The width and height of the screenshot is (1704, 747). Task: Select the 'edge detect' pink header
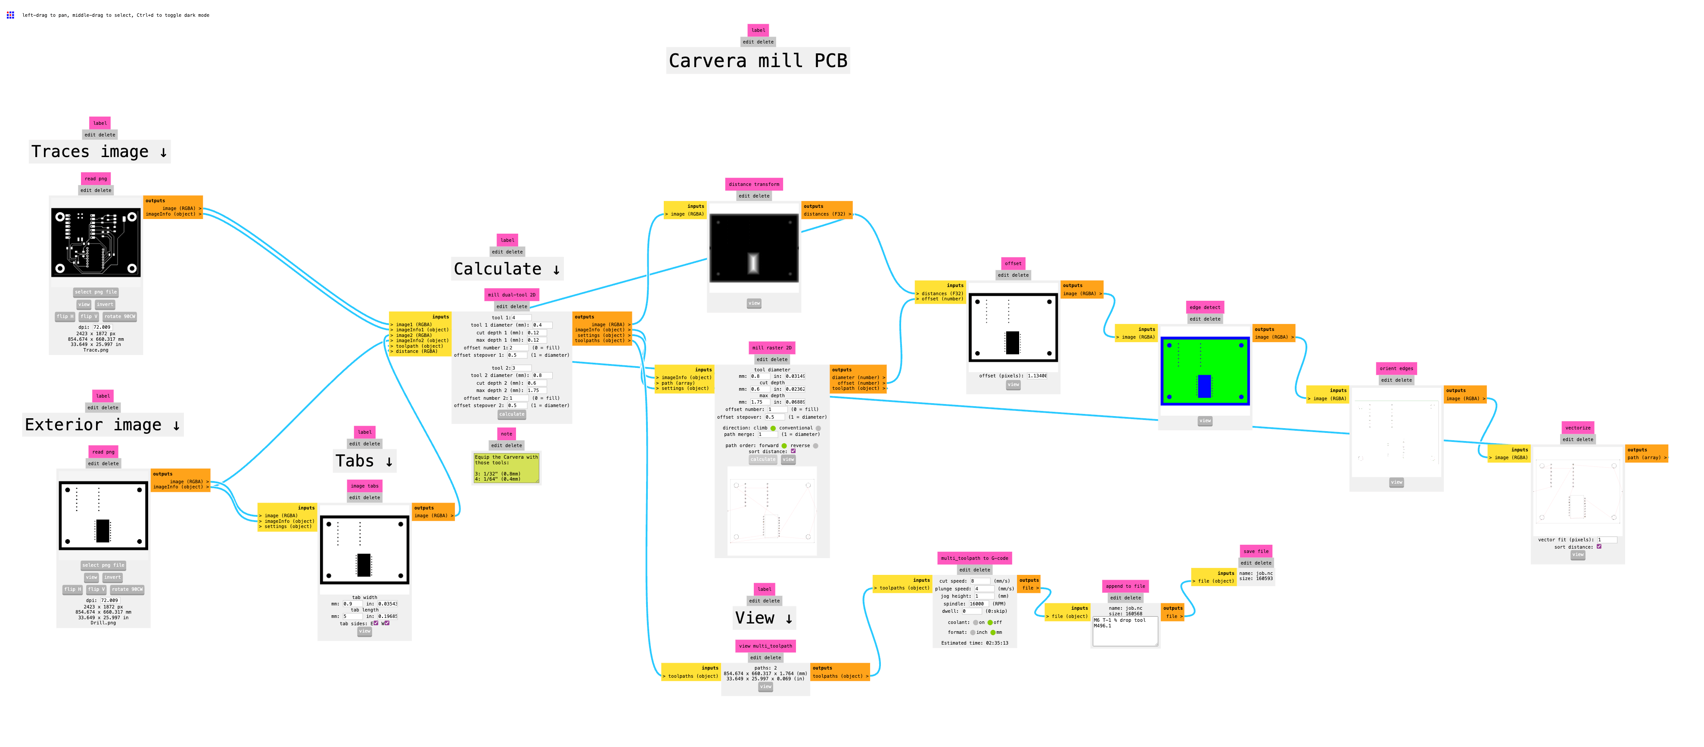1205,307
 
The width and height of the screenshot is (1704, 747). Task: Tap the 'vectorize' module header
1578,428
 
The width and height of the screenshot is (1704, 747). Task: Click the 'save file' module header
1256,551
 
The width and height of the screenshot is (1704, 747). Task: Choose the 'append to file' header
1125,586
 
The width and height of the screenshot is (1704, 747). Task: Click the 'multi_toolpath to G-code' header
974,558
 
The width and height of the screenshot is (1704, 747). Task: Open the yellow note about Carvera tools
506,467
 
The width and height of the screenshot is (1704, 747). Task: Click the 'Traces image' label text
99,152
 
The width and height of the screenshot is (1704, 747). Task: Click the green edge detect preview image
1205,371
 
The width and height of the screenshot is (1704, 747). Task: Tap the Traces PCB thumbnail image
96,243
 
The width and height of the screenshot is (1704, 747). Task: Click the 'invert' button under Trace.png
105,305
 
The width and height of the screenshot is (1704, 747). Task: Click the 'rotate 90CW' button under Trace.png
120,317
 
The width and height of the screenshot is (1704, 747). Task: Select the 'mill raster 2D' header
771,348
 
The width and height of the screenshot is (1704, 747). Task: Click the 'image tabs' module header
364,486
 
